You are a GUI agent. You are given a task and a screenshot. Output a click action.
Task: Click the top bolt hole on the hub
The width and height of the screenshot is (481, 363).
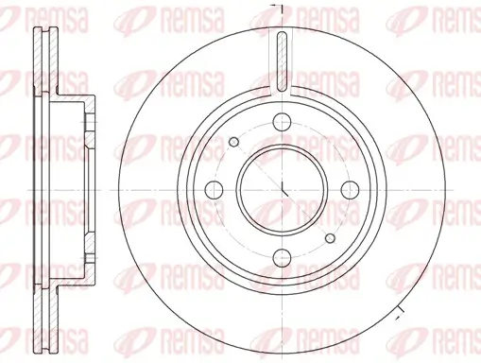283,121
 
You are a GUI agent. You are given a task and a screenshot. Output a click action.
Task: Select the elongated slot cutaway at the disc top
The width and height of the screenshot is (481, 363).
283,62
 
